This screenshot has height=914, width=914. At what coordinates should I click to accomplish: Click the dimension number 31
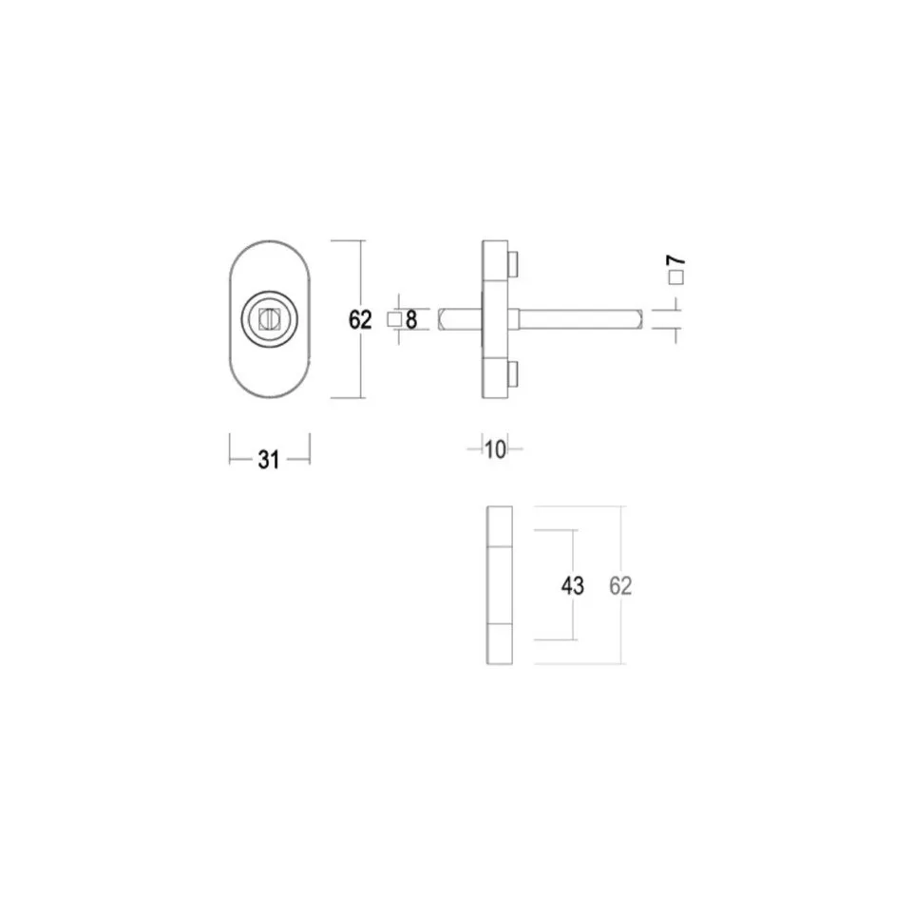[x=269, y=460]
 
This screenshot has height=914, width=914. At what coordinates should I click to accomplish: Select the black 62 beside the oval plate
[x=359, y=320]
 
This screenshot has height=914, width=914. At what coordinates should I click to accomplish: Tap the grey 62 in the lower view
[x=620, y=585]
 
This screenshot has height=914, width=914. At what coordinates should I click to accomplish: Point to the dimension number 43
[x=572, y=586]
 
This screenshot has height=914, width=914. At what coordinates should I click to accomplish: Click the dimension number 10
[x=494, y=449]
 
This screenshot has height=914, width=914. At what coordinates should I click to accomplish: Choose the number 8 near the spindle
[x=411, y=320]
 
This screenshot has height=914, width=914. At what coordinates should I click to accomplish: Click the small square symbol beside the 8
[x=394, y=320]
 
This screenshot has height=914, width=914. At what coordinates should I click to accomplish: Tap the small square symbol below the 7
[x=676, y=278]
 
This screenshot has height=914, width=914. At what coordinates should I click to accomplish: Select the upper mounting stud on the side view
[x=513, y=261]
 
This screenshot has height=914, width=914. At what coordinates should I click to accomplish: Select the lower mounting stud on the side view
[x=513, y=374]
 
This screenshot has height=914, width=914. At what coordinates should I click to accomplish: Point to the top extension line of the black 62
[x=348, y=241]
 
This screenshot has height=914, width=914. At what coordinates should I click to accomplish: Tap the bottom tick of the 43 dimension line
[x=574, y=639]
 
